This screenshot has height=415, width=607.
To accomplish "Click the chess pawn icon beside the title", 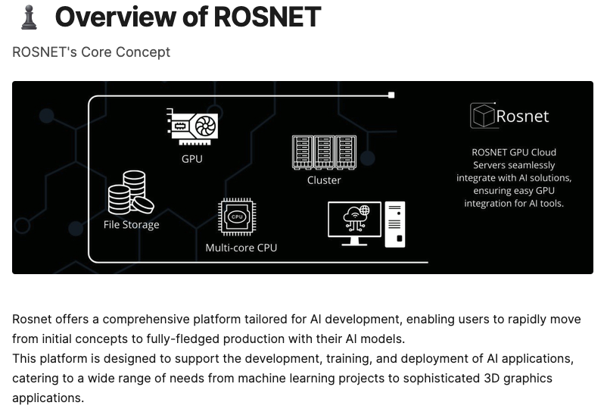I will (29, 17).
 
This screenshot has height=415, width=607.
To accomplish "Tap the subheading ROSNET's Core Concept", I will (91, 52).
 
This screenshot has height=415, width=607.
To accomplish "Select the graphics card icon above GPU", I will (192, 126).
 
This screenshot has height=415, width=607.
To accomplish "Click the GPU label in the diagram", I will (192, 159).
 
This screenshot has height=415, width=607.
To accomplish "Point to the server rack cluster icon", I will (324, 152).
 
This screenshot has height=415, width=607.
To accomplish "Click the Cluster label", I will (324, 180).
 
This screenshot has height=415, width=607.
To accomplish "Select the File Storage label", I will (131, 225).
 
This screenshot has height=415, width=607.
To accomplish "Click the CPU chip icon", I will (236, 217).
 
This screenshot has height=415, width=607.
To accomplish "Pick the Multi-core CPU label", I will (241, 248).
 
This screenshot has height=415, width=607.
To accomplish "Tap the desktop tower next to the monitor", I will (395, 224).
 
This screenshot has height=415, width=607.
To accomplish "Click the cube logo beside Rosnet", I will (482, 116).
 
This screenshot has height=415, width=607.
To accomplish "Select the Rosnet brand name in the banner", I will (522, 117).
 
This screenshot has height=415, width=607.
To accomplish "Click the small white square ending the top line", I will (391, 95).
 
